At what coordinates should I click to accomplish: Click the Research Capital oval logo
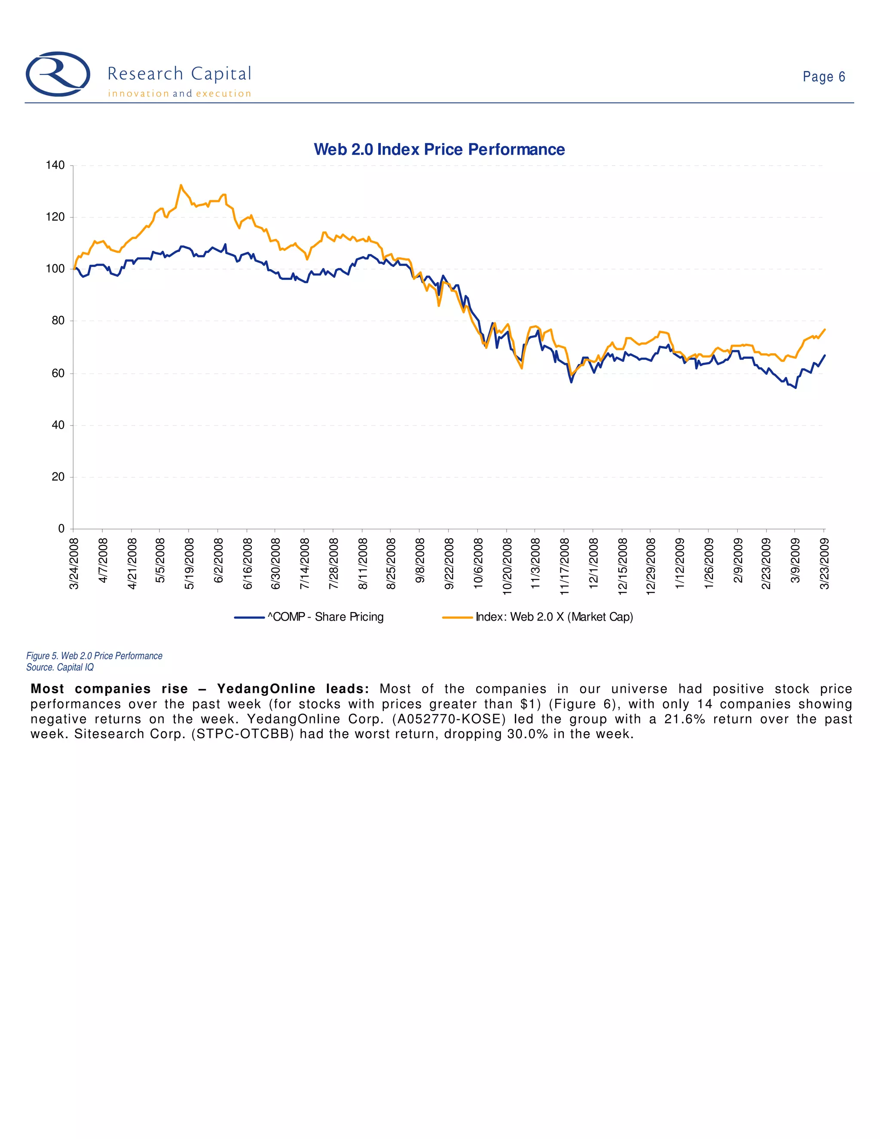coord(58,74)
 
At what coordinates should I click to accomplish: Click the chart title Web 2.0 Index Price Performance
coord(439,150)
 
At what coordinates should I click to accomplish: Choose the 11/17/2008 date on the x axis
coord(565,566)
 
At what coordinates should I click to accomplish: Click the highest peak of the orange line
coord(181,185)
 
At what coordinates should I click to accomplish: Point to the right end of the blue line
coord(824,355)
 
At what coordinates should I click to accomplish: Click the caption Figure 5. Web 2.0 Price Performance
coord(95,655)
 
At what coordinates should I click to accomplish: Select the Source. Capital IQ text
coord(60,667)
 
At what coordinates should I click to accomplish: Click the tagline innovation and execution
coord(179,94)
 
